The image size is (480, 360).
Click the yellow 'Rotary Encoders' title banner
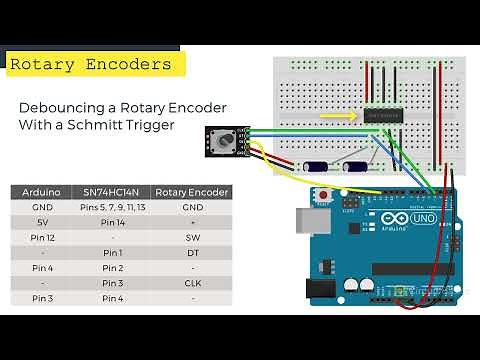(90, 64)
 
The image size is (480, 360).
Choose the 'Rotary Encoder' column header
(193, 192)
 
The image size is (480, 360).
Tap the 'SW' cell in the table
(193, 237)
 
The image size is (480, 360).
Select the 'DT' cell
(193, 252)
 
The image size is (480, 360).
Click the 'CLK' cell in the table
(193, 283)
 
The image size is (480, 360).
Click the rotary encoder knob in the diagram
(225, 142)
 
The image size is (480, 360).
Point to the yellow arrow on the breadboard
(338, 115)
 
